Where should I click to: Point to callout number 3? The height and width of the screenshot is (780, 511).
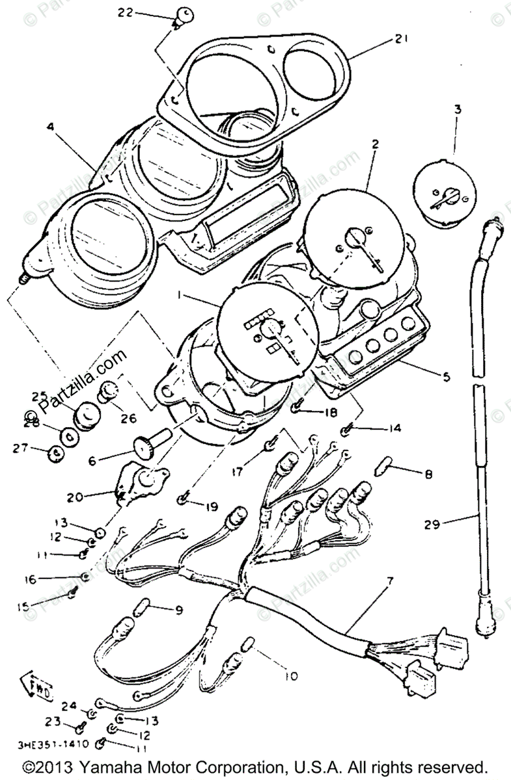[458, 110]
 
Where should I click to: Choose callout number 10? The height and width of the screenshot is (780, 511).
[290, 676]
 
